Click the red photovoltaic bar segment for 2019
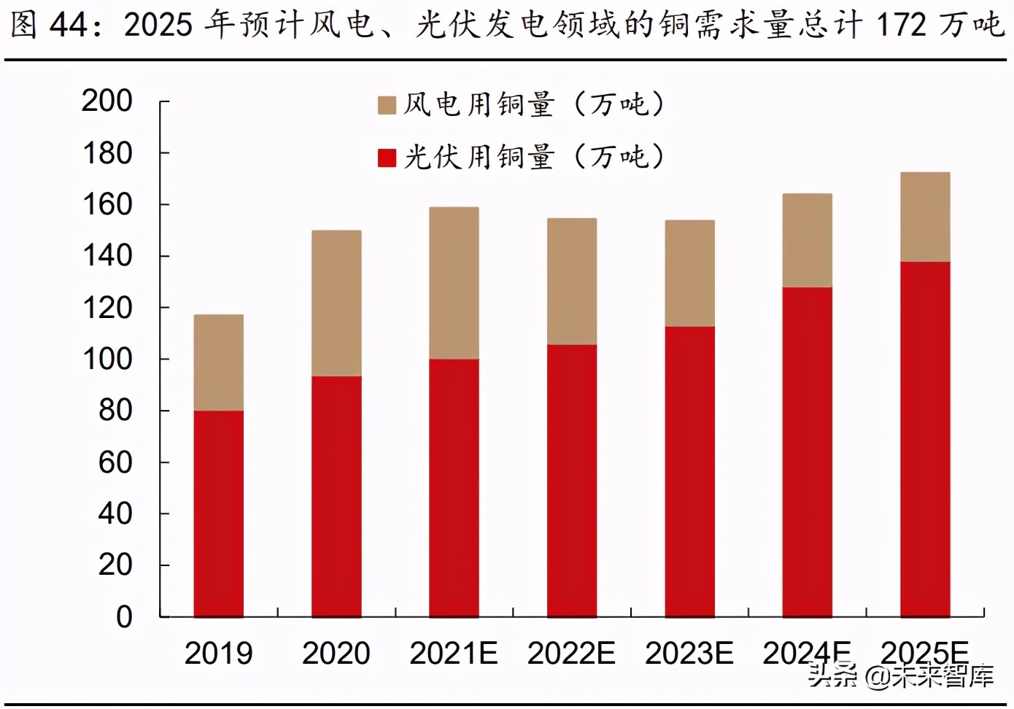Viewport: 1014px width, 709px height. click(218, 514)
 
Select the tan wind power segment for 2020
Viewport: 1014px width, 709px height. click(336, 303)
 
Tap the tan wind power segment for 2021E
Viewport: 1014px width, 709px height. click(454, 283)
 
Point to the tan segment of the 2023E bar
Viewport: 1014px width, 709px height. click(689, 274)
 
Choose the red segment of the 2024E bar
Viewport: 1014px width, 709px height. click(807, 452)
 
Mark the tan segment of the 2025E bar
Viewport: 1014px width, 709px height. click(925, 217)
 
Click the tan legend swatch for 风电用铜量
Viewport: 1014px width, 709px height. click(387, 105)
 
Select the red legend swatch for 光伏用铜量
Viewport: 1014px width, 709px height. click(387, 158)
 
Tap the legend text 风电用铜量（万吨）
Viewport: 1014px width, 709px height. click(534, 105)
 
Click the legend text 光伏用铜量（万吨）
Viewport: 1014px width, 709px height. click(534, 158)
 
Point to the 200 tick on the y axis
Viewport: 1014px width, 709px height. click(107, 101)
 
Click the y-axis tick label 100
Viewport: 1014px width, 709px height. click(107, 359)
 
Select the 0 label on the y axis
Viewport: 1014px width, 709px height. click(124, 617)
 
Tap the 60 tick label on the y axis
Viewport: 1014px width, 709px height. click(115, 462)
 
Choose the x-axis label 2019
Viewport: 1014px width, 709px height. click(218, 654)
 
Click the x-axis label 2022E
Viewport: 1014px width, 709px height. click(571, 654)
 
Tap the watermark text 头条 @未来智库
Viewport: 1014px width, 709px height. click(900, 676)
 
